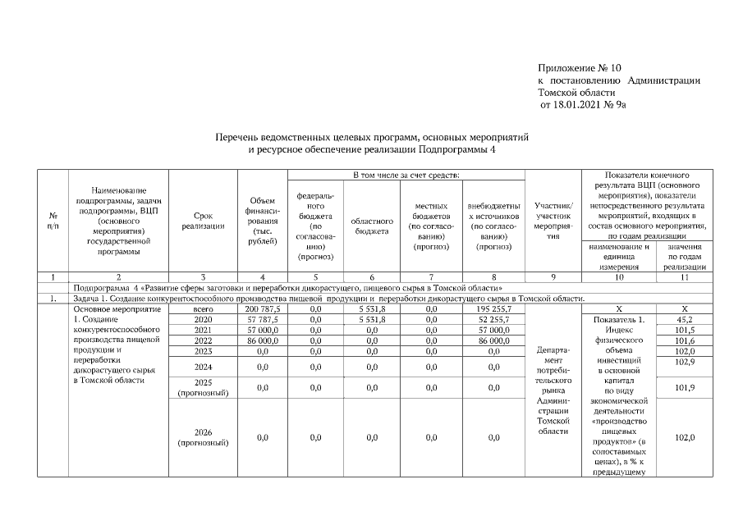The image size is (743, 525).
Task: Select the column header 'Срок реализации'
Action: [x=203, y=221]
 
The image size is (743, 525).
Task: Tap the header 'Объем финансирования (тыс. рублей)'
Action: [x=262, y=221]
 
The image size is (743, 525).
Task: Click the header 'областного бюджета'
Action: [x=372, y=226]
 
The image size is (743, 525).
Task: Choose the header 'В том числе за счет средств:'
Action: [x=405, y=176]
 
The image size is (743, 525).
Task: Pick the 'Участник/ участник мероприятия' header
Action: [x=553, y=221]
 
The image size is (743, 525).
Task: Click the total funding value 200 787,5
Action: [x=262, y=309]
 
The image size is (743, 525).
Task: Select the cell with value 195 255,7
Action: [x=493, y=309]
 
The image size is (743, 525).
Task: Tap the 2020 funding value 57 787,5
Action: [x=262, y=319]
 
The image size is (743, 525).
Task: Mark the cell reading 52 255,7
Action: [x=493, y=319]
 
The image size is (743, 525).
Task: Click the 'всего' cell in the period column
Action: [x=203, y=309]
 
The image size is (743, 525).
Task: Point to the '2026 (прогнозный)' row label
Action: [x=203, y=437]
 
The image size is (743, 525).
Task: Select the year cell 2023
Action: [x=203, y=350]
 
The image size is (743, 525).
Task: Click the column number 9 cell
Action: [x=553, y=277]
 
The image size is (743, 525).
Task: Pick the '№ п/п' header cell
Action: [x=53, y=221]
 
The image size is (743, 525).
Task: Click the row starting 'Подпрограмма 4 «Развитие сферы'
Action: [x=287, y=289]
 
